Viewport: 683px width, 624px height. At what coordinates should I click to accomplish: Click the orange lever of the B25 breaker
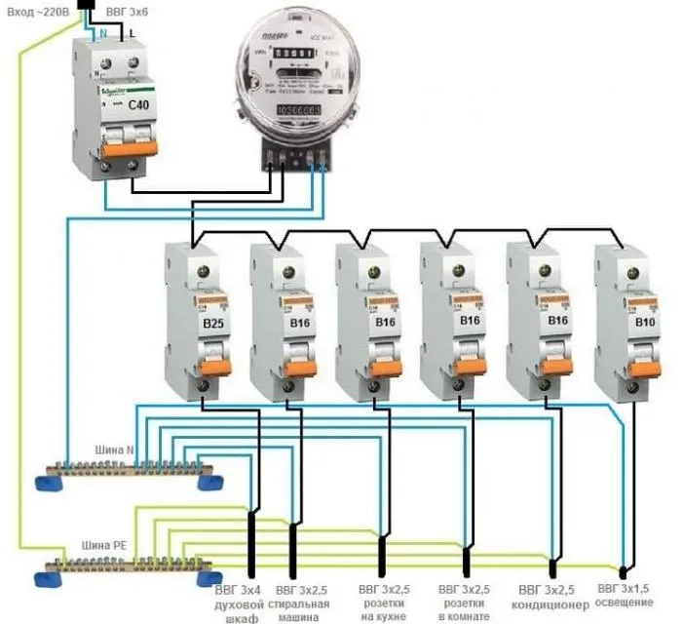click(212, 366)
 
